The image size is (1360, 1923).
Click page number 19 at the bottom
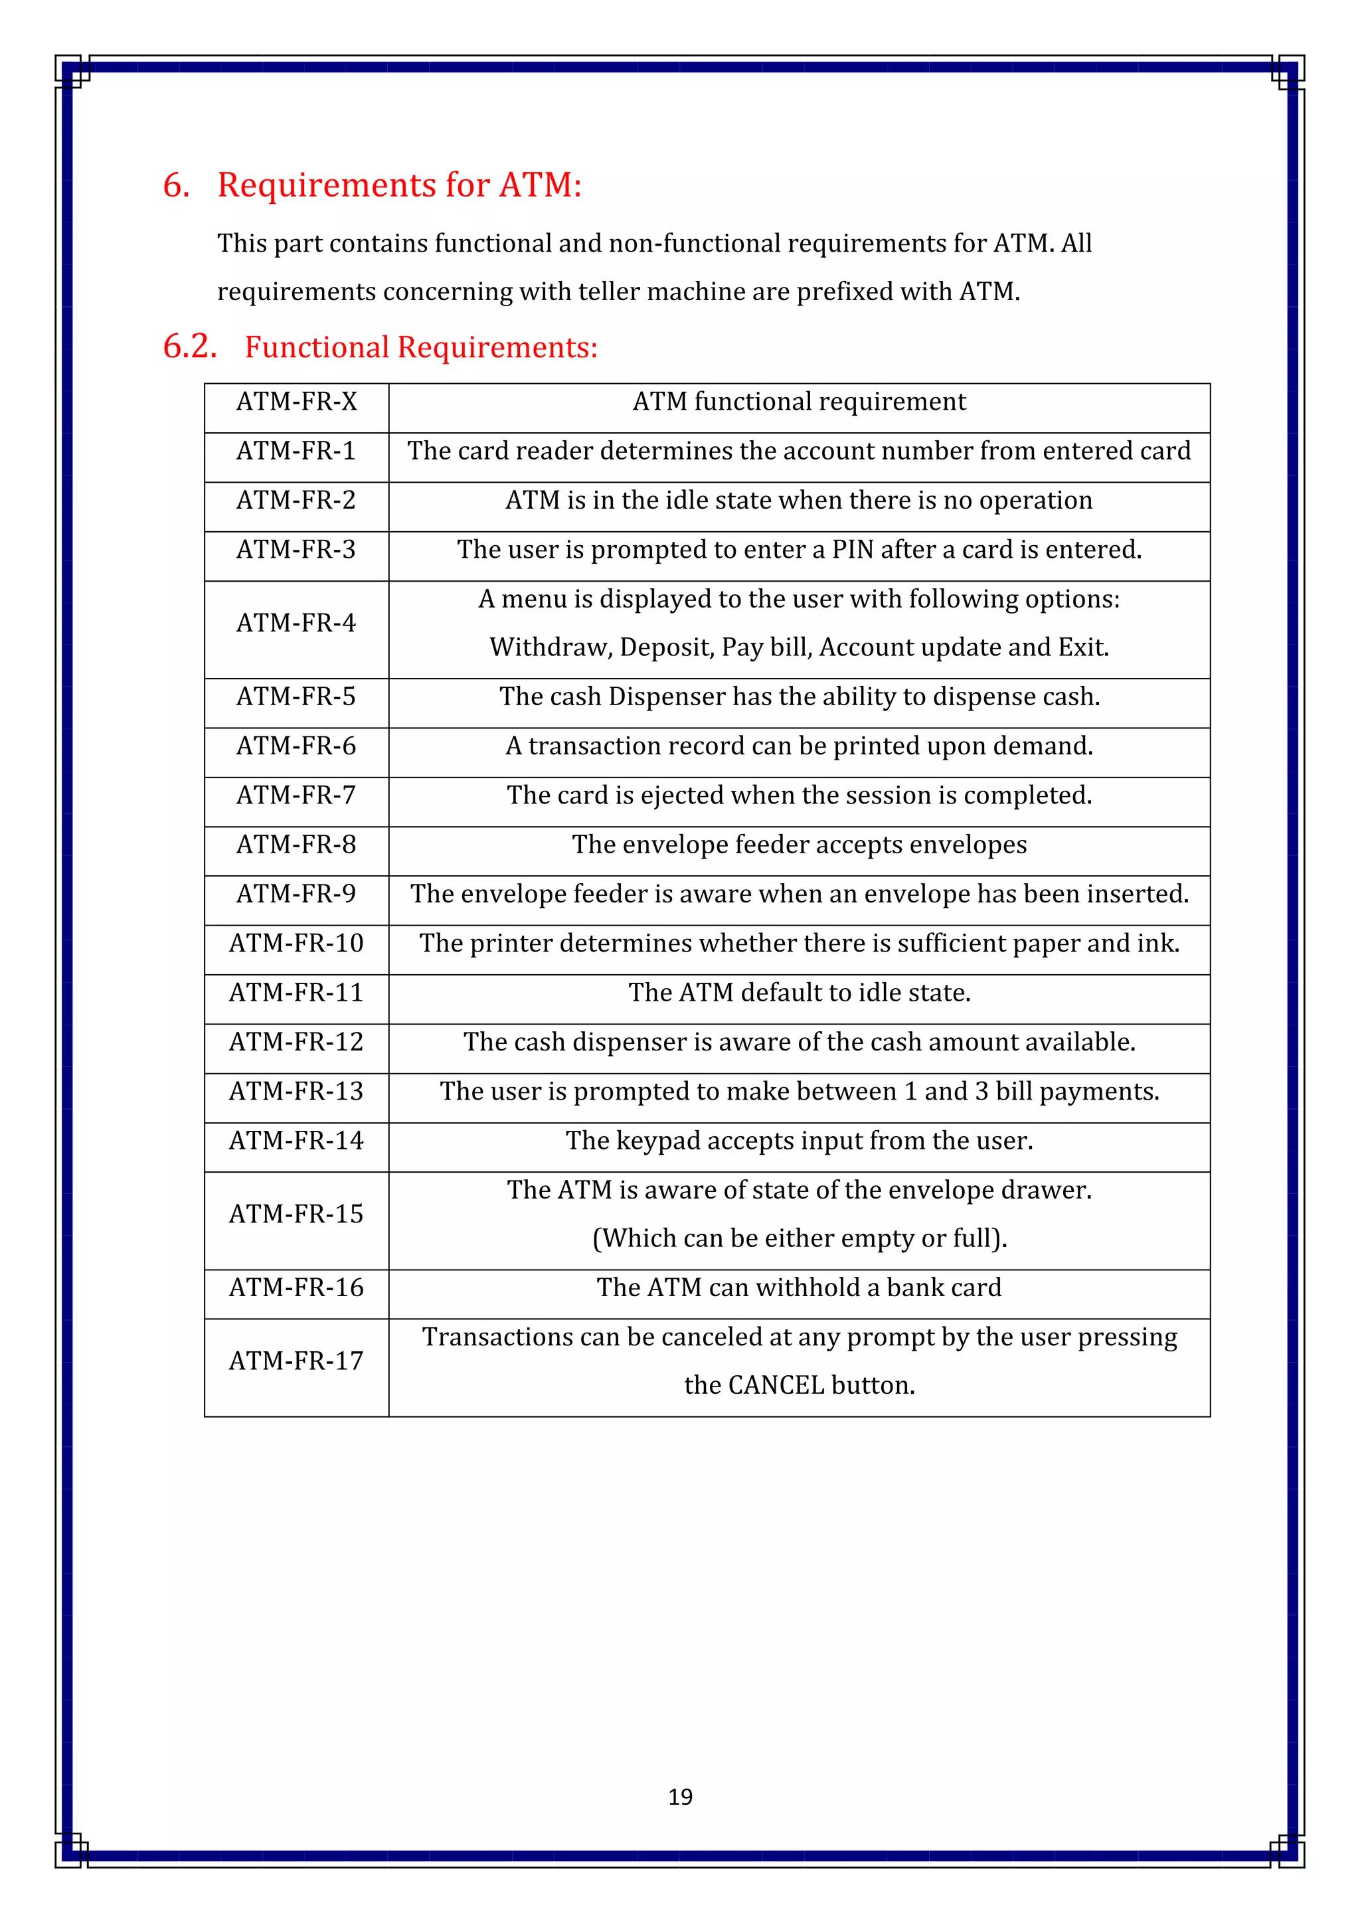click(680, 1797)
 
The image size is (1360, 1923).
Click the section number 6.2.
click(190, 346)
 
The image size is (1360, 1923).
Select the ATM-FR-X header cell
click(296, 402)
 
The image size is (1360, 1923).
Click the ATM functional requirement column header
click(799, 402)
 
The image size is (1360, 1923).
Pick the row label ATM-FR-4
click(296, 623)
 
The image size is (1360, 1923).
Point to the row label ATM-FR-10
click(296, 944)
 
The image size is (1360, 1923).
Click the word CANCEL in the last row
click(776, 1385)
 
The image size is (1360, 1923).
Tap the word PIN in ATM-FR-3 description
click(853, 550)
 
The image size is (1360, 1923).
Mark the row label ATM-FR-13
click(296, 1092)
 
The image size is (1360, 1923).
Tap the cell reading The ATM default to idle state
click(799, 993)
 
